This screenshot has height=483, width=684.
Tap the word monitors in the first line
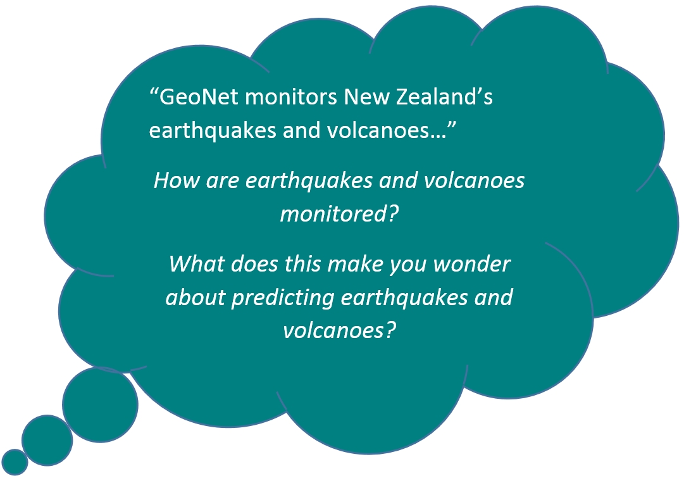[x=291, y=97]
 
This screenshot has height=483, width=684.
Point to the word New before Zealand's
[x=366, y=97]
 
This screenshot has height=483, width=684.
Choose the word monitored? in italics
[x=339, y=213]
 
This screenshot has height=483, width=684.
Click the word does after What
[x=254, y=263]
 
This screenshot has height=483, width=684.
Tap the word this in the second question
[x=302, y=263]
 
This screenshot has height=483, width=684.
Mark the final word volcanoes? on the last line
[x=339, y=330]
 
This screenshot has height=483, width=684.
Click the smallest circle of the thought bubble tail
[x=15, y=462]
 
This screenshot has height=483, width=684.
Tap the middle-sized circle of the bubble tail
[x=47, y=440]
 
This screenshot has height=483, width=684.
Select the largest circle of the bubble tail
[x=100, y=405]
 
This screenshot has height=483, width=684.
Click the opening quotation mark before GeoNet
[x=154, y=92]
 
